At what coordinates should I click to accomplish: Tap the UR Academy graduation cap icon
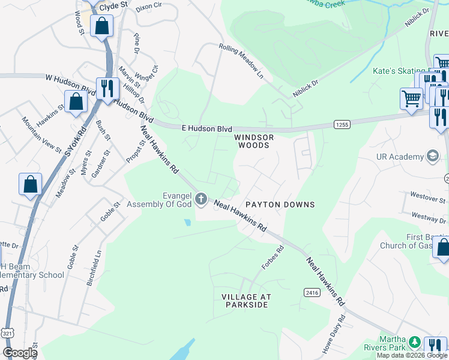point(432,157)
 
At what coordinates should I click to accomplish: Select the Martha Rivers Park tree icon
point(414,343)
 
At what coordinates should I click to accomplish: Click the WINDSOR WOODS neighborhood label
point(253,141)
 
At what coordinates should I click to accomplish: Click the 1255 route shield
point(342,124)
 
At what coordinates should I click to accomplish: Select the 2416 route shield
point(311,292)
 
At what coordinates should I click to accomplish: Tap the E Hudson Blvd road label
point(206,128)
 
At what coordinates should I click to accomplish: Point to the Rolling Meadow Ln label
point(241,62)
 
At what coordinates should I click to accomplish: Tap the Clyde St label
point(113,5)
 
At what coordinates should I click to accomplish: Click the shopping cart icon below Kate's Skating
point(411,98)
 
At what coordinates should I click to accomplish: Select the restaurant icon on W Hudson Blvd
point(107,88)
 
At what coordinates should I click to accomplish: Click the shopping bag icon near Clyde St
point(101,26)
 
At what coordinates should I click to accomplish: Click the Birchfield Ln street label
point(92,268)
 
